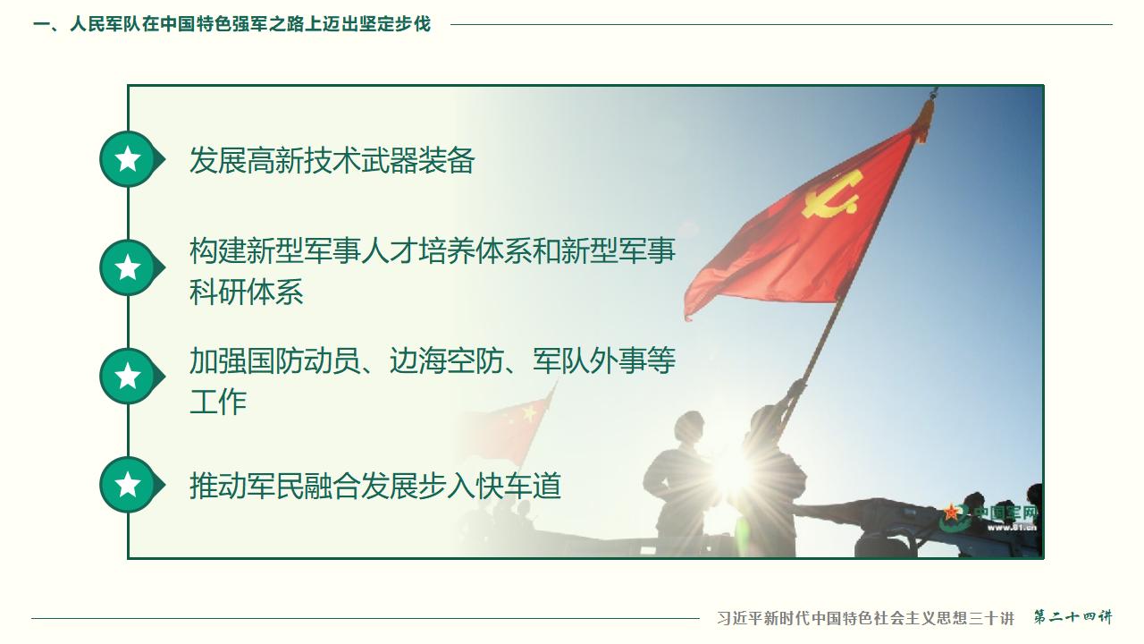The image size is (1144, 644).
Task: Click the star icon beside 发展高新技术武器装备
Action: (129, 159)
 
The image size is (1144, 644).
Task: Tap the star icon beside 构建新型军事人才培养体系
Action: (129, 267)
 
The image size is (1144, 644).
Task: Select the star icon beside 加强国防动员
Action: (129, 377)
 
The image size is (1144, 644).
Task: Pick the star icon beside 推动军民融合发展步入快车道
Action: (129, 485)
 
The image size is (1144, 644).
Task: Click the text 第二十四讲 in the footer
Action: (1072, 617)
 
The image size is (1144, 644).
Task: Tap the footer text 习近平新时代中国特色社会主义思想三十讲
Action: (865, 618)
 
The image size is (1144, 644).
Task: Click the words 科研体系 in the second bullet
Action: (246, 292)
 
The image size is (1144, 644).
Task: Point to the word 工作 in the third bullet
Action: (217, 402)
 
